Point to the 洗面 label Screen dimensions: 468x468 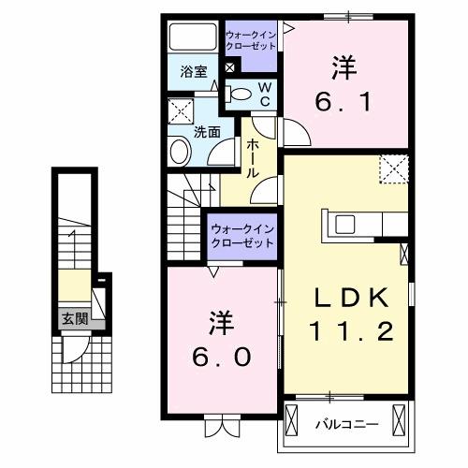tap(207, 132)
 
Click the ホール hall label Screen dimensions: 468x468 tap(255, 158)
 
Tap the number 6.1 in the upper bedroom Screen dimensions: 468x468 tap(341, 101)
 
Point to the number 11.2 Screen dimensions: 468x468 tap(347, 331)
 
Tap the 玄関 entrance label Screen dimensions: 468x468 tap(75, 319)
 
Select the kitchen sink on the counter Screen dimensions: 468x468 tap(344, 224)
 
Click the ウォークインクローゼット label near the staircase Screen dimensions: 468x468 tap(241, 234)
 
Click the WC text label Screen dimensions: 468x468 tap(264, 93)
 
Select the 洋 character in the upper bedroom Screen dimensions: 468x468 tap(340, 67)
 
